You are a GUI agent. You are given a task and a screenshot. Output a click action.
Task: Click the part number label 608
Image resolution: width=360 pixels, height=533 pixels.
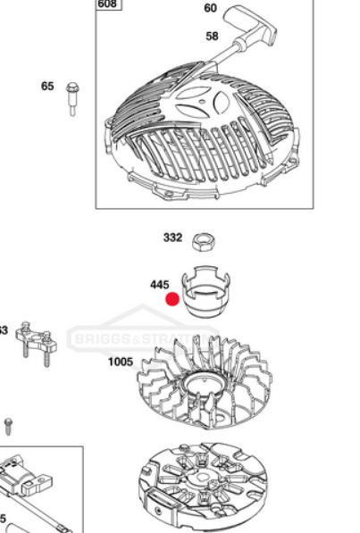107,4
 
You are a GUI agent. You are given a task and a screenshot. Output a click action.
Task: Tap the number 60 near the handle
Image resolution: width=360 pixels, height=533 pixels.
211,9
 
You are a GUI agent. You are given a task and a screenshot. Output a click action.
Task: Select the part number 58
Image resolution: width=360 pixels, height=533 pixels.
213,37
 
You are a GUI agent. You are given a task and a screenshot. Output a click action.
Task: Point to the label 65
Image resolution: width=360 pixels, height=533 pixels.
47,87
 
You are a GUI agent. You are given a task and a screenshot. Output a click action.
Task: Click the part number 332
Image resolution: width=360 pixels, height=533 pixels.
172,237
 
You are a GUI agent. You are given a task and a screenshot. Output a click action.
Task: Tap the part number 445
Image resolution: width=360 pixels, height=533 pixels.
159,285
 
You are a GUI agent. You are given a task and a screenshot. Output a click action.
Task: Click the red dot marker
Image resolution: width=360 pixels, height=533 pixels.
172,301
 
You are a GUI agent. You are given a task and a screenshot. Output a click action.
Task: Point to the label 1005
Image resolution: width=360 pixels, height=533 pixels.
121,362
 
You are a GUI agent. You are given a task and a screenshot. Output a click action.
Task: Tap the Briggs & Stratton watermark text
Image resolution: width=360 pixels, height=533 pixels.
143,340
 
